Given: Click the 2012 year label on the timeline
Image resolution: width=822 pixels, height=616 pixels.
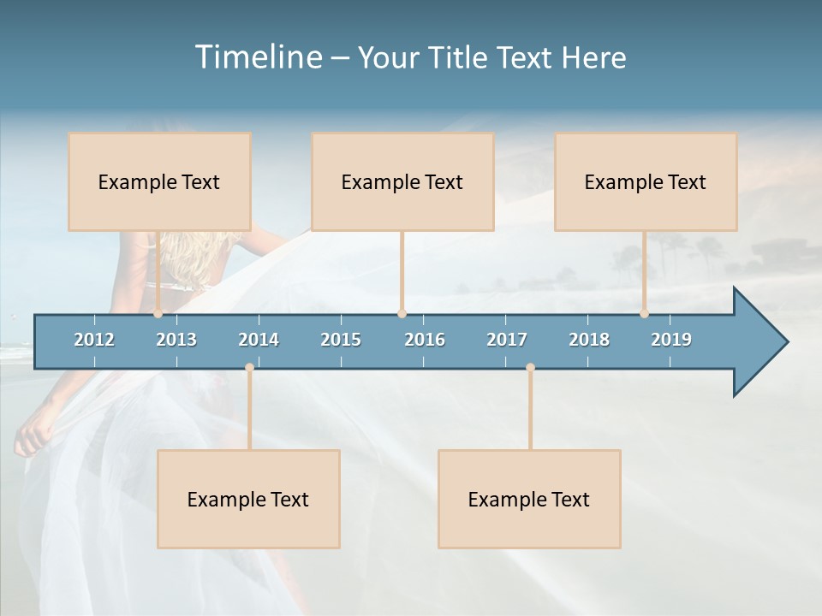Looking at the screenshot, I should coord(94,340).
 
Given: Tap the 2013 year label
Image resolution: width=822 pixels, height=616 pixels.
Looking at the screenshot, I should coord(176,340).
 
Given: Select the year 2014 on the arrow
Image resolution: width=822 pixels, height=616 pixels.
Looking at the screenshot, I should coord(259,340).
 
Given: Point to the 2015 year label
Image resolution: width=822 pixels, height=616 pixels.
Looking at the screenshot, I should coord(341,340).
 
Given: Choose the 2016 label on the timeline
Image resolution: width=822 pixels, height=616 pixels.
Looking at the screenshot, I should coord(425,340).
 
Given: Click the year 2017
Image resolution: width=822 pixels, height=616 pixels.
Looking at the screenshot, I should coord(507,340).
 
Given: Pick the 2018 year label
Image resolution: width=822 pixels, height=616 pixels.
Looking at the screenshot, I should coord(589,340).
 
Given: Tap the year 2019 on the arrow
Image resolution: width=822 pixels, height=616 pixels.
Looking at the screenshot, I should coord(671,340).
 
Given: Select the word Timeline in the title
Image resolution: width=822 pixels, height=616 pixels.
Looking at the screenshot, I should coord(258,57).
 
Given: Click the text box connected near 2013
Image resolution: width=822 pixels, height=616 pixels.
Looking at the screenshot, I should coord(159,181).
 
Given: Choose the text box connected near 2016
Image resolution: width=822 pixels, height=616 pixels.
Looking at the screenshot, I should coord(402,181).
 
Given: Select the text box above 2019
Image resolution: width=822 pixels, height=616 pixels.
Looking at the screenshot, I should coord(646,181).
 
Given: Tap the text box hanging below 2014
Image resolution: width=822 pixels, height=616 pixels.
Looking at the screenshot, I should coord(248,499).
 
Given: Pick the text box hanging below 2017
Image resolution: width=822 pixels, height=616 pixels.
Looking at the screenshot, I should coord(529,499).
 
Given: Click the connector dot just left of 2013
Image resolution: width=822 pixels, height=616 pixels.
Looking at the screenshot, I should coord(158,314).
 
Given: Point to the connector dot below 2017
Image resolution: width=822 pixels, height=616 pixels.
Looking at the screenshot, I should coord(530,368).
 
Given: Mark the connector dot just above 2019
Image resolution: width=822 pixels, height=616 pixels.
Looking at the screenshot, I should coord(644,314).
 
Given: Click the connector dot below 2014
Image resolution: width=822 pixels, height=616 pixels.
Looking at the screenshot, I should coord(249,368).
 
